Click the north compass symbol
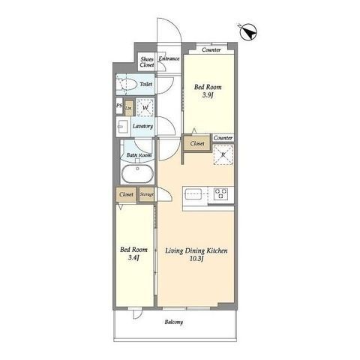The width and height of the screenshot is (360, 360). tap(248, 32)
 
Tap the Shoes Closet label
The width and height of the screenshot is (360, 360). tap(147, 62)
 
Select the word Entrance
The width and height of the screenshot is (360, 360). tap(169, 58)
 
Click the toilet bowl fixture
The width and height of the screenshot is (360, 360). tap(127, 85)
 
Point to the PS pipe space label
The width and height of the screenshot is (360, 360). tap(119, 105)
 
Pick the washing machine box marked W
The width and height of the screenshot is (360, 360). tap(145, 107)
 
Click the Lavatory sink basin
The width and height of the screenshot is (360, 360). tap(123, 127)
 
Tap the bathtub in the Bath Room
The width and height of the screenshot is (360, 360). tap(137, 173)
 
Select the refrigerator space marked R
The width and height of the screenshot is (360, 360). tap(223, 154)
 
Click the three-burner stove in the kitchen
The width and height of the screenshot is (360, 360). tap(221, 193)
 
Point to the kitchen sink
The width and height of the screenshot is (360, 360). tap(193, 194)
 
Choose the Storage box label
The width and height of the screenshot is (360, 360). tap(146, 194)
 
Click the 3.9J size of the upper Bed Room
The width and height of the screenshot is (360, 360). tap(208, 95)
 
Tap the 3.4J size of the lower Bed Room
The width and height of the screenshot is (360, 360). tap(133, 258)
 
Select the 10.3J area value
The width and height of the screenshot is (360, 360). tap(196, 259)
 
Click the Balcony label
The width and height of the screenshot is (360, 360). tap(174, 322)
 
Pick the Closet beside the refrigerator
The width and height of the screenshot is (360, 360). tap(197, 143)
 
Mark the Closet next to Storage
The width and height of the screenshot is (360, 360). tap(126, 194)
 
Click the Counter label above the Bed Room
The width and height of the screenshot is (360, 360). tap(211, 49)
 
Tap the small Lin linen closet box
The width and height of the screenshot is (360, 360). tap(129, 108)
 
